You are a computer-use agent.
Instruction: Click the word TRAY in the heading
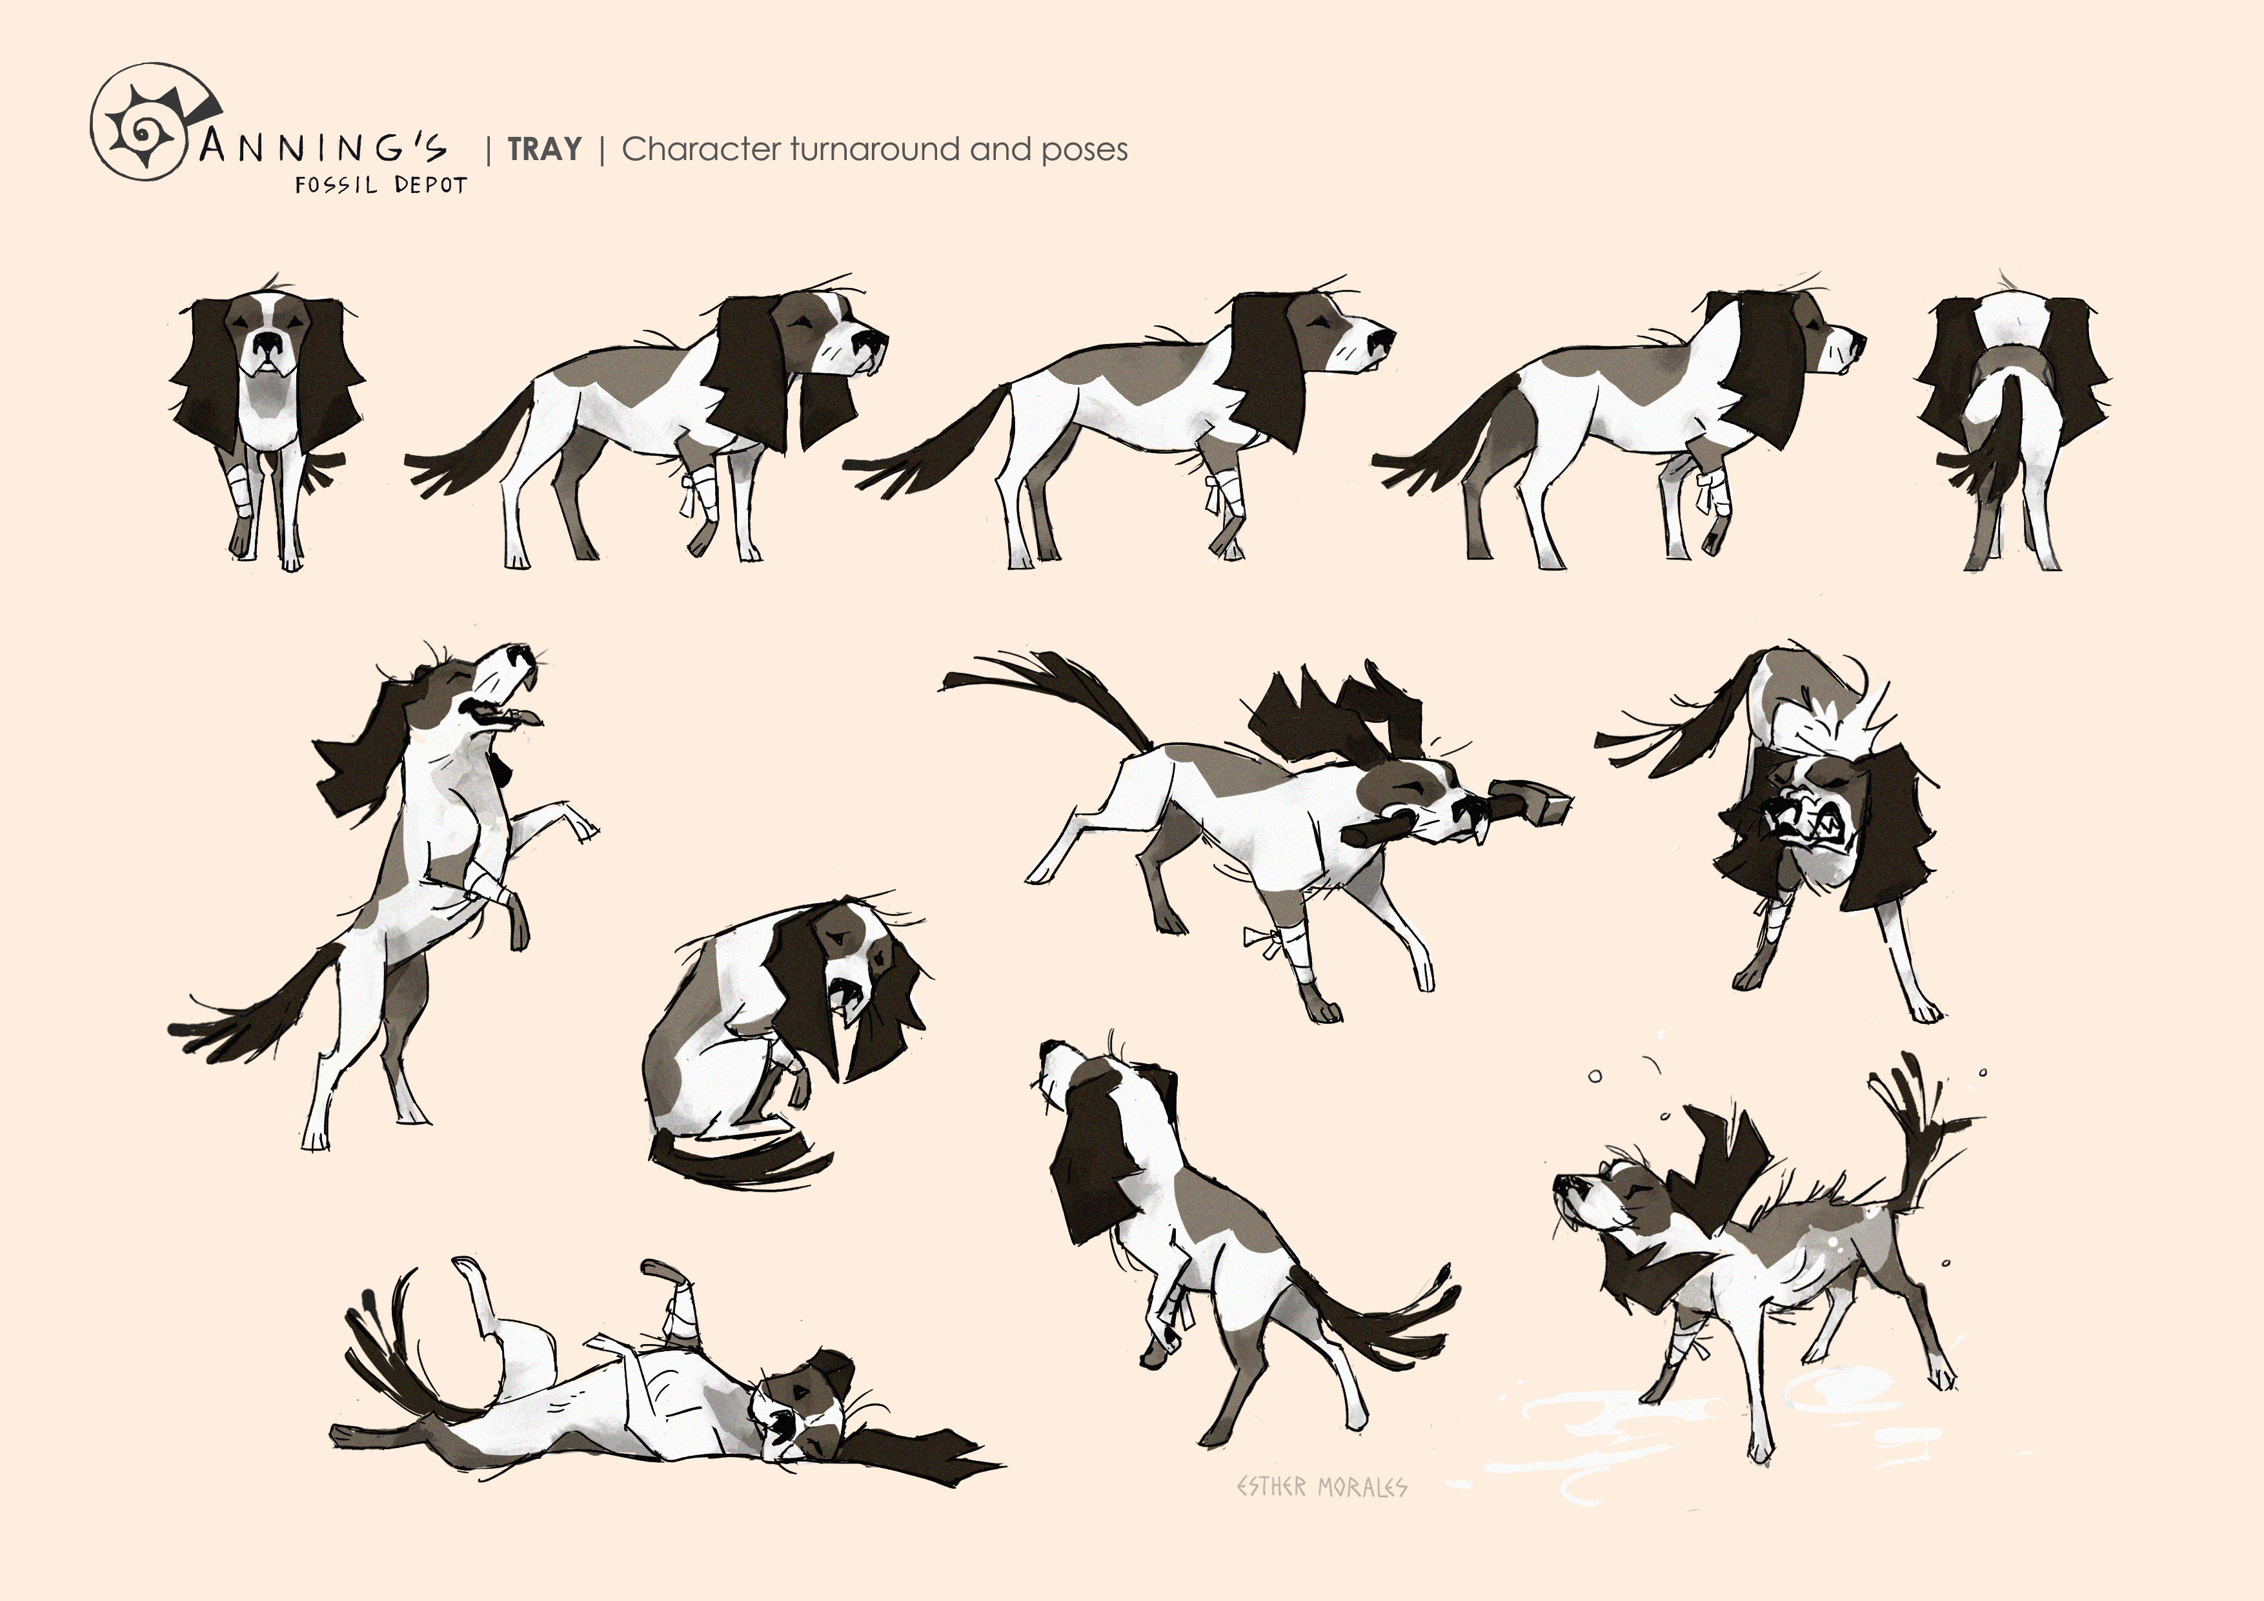coord(544,149)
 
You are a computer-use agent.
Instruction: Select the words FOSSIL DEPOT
coord(381,185)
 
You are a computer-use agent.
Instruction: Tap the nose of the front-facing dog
coord(267,344)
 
